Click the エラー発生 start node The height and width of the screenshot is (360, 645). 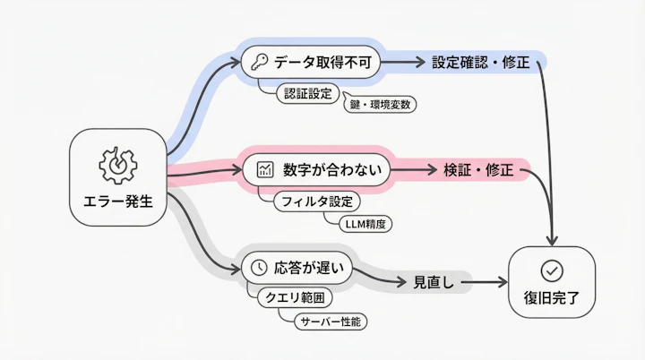(116, 177)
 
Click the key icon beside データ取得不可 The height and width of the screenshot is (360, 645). (260, 63)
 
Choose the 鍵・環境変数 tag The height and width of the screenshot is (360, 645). (380, 104)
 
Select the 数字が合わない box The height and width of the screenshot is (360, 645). (317, 169)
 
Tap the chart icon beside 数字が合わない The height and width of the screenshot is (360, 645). (264, 169)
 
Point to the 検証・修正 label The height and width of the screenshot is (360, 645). (478, 170)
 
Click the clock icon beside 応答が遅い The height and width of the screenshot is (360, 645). (258, 267)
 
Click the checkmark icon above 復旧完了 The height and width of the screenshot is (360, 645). (552, 269)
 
